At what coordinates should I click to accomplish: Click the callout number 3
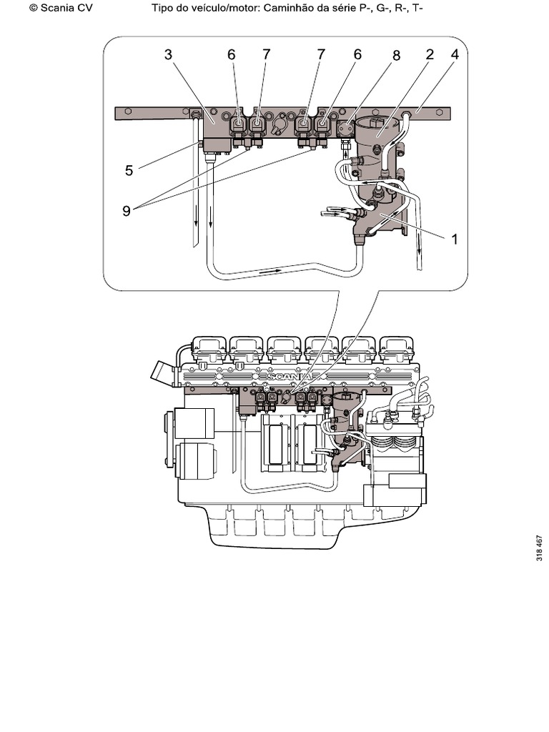click(169, 55)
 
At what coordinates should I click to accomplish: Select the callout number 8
click(396, 55)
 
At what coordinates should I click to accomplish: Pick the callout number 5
click(129, 171)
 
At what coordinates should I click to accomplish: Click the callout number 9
click(127, 211)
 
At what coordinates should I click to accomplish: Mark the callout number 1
click(453, 239)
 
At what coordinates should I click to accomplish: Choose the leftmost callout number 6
click(232, 55)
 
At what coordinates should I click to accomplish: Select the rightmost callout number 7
click(321, 55)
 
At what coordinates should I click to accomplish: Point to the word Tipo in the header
click(164, 9)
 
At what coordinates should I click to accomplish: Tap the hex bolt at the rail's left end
click(127, 112)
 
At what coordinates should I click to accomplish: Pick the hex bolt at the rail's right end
click(441, 112)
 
